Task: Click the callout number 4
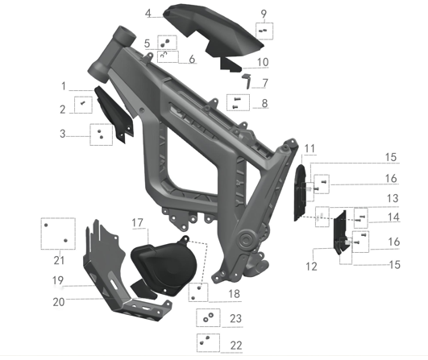[148, 13]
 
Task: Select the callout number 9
[264, 14]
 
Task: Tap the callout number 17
[137, 222]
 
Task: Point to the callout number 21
[59, 260]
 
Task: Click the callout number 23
[236, 318]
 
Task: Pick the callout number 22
[236, 346]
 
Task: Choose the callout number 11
[310, 149]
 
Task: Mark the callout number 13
[393, 198]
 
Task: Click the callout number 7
[265, 83]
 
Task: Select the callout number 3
[63, 134]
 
